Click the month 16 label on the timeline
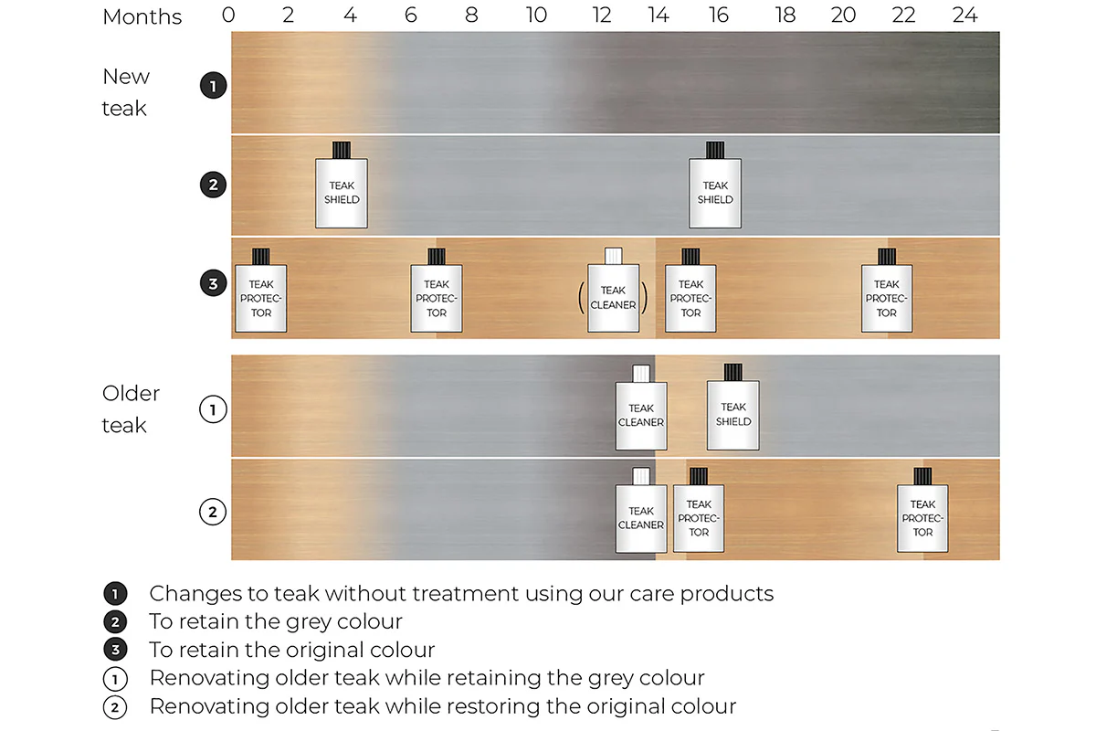[x=718, y=16]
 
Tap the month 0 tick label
[x=228, y=16]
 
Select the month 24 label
[x=964, y=16]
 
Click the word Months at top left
[x=142, y=16]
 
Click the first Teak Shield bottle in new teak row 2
[x=342, y=185]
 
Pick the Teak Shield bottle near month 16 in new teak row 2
[x=715, y=185]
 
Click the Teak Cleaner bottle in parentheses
[x=613, y=290]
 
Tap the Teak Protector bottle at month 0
[x=261, y=291]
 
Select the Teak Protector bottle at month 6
[x=436, y=291]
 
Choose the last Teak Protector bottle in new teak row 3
[x=887, y=291]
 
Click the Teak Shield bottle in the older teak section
[x=732, y=407]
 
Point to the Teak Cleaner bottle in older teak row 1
[x=641, y=408]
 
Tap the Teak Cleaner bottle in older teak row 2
[x=641, y=510]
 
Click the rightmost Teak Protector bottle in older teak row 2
[x=922, y=510]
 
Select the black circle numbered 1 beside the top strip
[x=214, y=86]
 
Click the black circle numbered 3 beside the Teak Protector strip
[x=214, y=283]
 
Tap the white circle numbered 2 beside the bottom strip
[x=213, y=512]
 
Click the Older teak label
[x=131, y=409]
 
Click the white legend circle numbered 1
[x=115, y=680]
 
